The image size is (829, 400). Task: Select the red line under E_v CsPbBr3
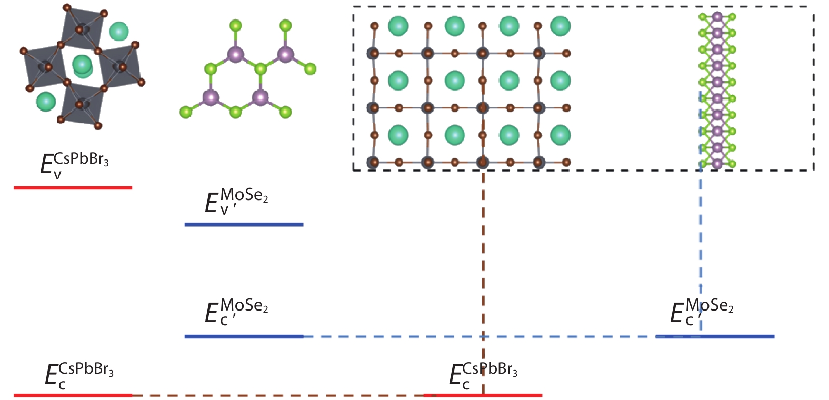(x=73, y=187)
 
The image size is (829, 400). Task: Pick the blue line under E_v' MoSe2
(x=244, y=225)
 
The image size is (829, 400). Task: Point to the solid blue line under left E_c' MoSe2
(x=244, y=336)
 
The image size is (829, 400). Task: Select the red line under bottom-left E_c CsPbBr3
(x=73, y=395)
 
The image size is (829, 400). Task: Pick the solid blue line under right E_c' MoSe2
(x=737, y=336)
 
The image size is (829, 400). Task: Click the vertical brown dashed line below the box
(x=483, y=263)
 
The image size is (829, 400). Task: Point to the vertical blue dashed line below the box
(x=701, y=237)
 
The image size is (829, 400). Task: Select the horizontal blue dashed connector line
(x=474, y=336)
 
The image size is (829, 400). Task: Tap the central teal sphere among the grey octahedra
(x=82, y=64)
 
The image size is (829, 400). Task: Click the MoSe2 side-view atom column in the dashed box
(x=717, y=89)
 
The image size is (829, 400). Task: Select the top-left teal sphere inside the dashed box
(x=398, y=26)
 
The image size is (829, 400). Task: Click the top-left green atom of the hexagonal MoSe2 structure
(x=235, y=25)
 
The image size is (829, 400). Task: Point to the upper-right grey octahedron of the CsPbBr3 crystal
(x=82, y=26)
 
